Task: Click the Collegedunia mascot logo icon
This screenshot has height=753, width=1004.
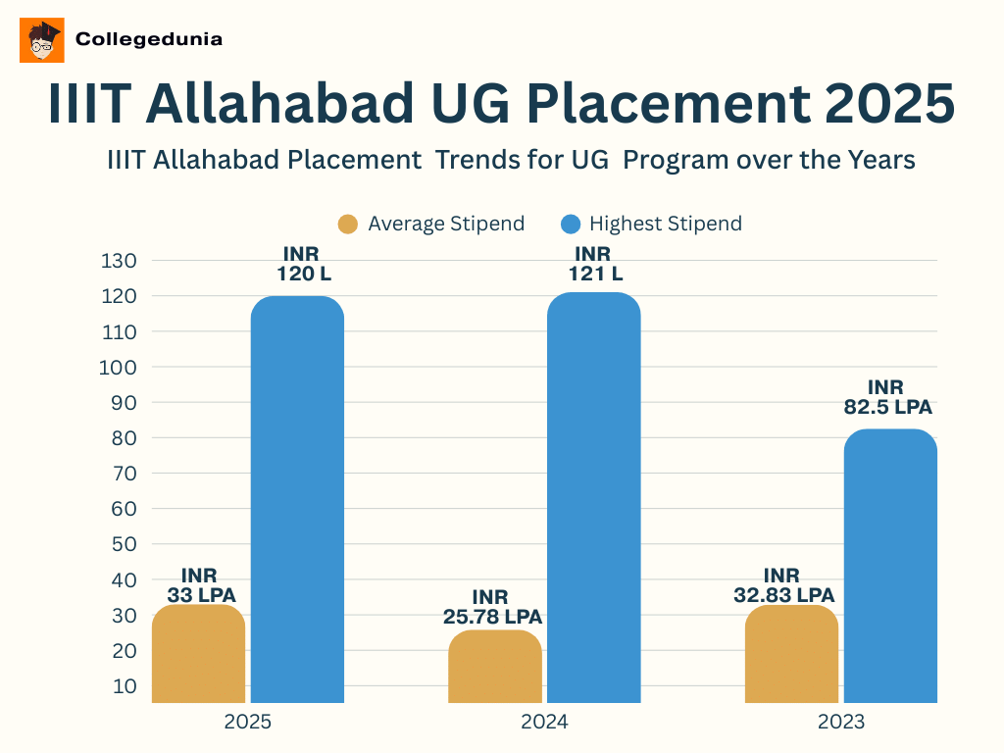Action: pyautogui.click(x=42, y=40)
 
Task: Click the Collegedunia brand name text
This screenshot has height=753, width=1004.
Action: pyautogui.click(x=149, y=40)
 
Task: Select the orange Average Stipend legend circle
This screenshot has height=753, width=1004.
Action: pyautogui.click(x=348, y=224)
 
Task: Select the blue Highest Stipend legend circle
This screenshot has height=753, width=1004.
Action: pyautogui.click(x=570, y=224)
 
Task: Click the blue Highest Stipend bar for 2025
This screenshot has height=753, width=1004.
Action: pyautogui.click(x=297, y=499)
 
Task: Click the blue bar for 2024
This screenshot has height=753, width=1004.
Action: pyautogui.click(x=593, y=497)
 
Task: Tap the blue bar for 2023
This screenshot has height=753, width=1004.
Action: pyautogui.click(x=890, y=566)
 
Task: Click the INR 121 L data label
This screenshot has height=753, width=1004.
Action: pyautogui.click(x=595, y=265)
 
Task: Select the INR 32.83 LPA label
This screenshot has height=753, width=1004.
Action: pyautogui.click(x=783, y=585)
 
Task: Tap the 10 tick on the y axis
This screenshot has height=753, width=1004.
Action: pyautogui.click(x=125, y=685)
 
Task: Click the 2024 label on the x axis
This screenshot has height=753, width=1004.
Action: pyautogui.click(x=544, y=723)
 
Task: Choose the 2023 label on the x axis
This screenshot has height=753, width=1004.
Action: pyautogui.click(x=841, y=723)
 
